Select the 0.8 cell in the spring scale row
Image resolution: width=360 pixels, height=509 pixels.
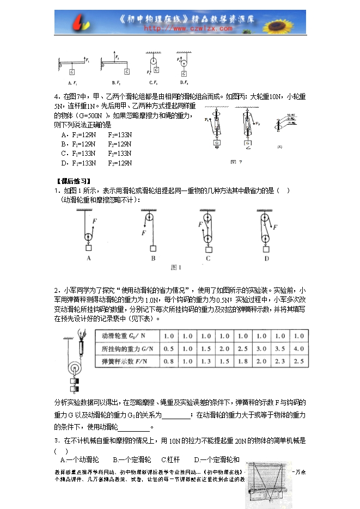[169, 361]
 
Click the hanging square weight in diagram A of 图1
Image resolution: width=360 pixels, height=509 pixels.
[88, 248]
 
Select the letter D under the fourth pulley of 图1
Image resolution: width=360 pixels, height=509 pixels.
[267, 259]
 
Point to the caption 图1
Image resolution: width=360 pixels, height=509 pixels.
[176, 267]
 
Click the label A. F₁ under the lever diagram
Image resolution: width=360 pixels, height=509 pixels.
[73, 83]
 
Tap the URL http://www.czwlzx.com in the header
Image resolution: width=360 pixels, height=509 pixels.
[180, 28]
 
